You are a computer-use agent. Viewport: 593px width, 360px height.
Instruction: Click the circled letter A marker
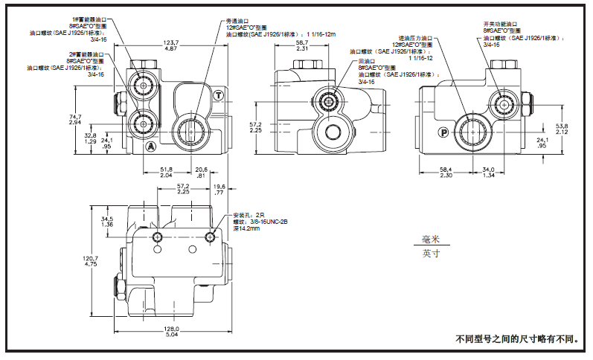coord(150,146)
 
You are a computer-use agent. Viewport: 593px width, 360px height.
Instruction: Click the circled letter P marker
coord(444,133)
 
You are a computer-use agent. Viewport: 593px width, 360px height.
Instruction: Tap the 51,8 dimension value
coord(166,170)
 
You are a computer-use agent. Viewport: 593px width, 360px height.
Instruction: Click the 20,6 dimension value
coord(201,170)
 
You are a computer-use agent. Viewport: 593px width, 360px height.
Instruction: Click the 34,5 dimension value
coord(106,219)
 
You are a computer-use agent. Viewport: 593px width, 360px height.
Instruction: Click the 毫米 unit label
coord(432,241)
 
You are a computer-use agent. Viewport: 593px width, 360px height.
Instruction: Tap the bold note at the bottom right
coord(517,340)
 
